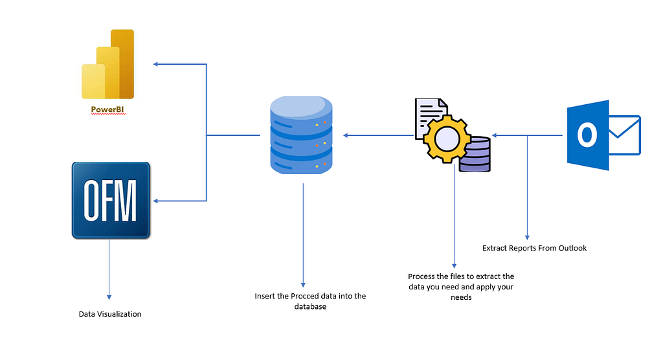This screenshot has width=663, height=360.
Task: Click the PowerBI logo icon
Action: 108,64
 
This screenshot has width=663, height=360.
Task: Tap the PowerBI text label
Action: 107,109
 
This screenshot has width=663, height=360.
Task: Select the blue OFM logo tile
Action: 111,200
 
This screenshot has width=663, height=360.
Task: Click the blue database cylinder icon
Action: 301,135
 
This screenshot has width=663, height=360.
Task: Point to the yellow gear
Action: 447,139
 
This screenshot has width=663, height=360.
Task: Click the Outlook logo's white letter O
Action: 587,135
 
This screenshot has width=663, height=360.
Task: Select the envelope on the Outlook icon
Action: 625,135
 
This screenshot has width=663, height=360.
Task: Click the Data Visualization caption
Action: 110,314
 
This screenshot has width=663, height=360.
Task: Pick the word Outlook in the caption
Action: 572,248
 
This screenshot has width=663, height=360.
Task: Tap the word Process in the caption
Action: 422,276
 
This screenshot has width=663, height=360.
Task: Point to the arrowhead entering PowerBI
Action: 155,64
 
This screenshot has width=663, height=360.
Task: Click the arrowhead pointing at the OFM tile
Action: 155,201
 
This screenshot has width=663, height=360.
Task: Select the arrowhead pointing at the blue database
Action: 346,135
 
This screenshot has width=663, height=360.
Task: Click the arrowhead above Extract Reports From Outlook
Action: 527,238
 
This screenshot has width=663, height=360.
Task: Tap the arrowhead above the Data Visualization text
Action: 109,297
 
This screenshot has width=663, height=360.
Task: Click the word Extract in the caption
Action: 494,248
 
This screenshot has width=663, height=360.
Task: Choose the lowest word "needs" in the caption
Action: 461,297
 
